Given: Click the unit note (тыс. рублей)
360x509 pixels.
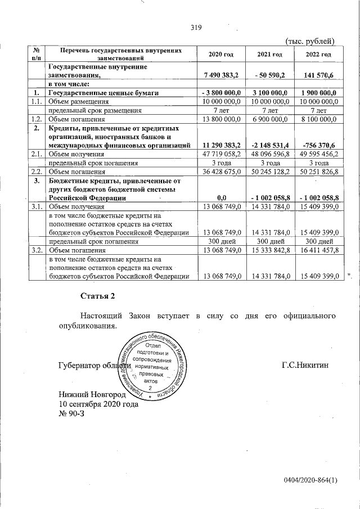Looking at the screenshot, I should click(x=310, y=40).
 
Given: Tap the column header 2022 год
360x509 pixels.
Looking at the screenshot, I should click(x=318, y=54).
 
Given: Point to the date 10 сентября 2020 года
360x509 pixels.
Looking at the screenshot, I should click(x=98, y=404).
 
